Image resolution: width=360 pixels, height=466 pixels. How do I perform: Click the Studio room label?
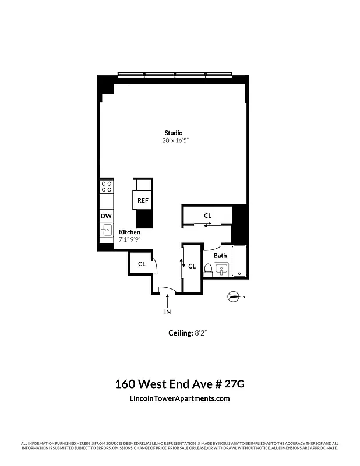pos(173,133)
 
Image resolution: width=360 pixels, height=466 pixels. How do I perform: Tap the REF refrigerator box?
pos(143,200)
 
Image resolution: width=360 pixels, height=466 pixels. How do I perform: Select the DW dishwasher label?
pos(105,216)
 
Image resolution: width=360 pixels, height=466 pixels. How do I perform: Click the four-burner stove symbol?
pos(107,186)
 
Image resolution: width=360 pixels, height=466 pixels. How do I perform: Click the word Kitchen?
pos(129,232)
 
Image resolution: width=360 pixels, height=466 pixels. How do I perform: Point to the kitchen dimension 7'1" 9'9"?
pos(130,239)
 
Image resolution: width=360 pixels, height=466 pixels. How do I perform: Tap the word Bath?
pos(220,256)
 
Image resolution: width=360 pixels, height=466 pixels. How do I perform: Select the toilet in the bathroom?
pos(207,270)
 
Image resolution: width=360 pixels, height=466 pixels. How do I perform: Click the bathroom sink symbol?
pos(221,269)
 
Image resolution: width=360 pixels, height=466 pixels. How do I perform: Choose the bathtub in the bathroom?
pos(239,262)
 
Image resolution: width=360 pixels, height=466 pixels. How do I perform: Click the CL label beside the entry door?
pos(142,264)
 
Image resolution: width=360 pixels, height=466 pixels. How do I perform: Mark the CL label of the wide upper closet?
pos(208,216)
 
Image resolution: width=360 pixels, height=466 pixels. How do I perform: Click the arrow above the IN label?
pos(168,301)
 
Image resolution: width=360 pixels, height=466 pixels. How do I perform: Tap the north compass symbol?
pos(234,296)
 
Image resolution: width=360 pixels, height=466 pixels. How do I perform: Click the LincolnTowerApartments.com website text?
pos(179,398)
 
